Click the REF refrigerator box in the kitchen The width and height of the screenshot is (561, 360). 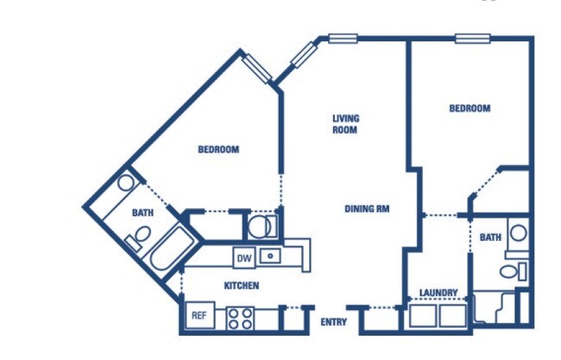click(x=200, y=315)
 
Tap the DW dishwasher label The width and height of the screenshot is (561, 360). click(x=244, y=257)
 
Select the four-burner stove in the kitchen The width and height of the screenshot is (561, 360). click(x=240, y=319)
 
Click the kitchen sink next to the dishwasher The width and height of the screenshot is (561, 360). click(x=270, y=256)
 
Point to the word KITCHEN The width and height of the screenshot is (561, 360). click(x=242, y=286)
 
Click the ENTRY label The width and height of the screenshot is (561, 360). click(x=333, y=322)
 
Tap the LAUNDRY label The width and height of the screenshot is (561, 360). click(x=438, y=293)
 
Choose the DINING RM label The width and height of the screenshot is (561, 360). click(x=367, y=209)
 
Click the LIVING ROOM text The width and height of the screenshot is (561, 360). click(x=345, y=123)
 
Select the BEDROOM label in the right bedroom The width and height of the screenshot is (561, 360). click(x=470, y=108)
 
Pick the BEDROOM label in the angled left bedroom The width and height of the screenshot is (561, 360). click(x=218, y=149)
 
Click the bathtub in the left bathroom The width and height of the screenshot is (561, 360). click(x=170, y=248)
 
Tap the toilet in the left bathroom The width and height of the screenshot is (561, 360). click(x=139, y=237)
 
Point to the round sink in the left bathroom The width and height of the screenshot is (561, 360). click(x=126, y=183)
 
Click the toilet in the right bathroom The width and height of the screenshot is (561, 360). click(x=513, y=271)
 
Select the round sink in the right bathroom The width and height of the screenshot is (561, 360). click(x=518, y=233)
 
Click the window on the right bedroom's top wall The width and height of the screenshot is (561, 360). click(x=473, y=38)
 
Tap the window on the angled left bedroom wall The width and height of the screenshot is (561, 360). click(x=256, y=68)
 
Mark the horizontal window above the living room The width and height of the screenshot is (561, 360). click(x=343, y=38)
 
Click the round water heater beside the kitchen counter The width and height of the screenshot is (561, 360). click(x=259, y=226)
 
